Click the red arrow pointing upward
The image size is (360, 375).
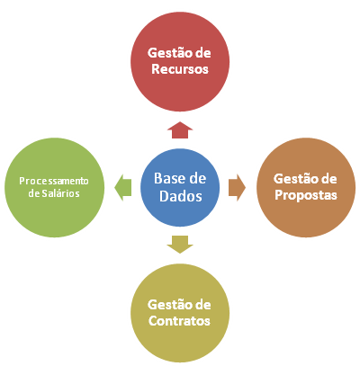click(x=180, y=130)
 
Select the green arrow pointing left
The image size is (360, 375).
click(x=123, y=188)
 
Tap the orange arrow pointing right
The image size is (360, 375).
click(x=237, y=188)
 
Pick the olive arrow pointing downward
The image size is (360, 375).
click(x=180, y=245)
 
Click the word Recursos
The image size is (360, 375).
click(x=180, y=69)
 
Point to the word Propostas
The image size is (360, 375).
click(x=306, y=195)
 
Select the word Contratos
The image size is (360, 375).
click(x=179, y=321)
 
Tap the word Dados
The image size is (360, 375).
click(x=181, y=196)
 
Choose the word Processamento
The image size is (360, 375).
click(x=54, y=181)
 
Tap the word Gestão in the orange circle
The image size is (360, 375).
click(x=295, y=179)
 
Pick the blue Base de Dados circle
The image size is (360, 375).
click(x=180, y=187)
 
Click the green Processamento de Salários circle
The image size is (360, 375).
click(x=54, y=188)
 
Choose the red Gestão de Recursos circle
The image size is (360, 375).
click(x=180, y=62)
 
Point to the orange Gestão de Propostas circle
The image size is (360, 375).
click(x=306, y=188)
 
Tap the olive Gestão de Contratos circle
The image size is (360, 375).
click(x=180, y=313)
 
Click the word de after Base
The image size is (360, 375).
click(x=197, y=178)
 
